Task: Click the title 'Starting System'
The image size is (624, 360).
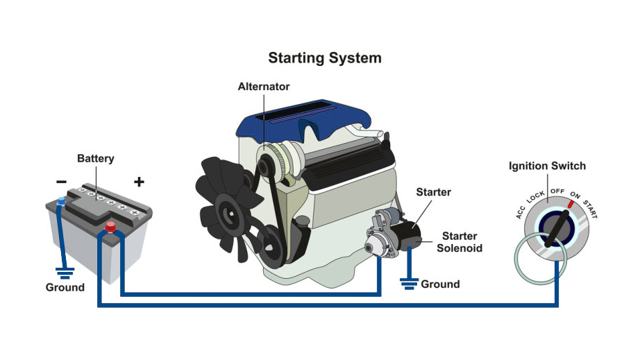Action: point(325,58)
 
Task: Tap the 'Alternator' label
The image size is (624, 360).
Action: point(263,87)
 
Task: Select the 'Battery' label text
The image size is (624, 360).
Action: point(95,158)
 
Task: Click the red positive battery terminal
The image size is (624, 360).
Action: point(110,227)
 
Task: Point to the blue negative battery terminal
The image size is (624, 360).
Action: point(61,202)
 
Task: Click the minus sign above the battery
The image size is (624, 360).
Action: point(62,182)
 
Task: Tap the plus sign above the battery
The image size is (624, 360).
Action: point(139,182)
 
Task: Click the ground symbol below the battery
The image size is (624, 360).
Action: point(65,273)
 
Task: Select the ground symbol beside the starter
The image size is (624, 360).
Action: point(409,282)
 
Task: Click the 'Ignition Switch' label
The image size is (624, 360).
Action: point(547,166)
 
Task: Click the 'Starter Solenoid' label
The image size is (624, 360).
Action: point(459,242)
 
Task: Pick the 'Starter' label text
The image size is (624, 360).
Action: point(433,191)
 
